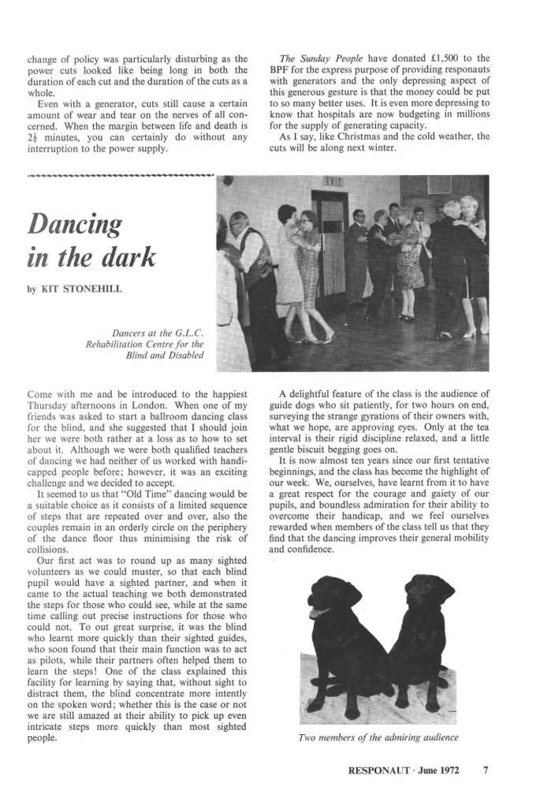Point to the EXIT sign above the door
point(333,182)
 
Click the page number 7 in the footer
point(486,766)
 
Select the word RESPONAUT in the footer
point(385,767)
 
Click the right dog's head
point(430,597)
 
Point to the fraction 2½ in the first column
point(35,136)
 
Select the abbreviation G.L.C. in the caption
point(186,332)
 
